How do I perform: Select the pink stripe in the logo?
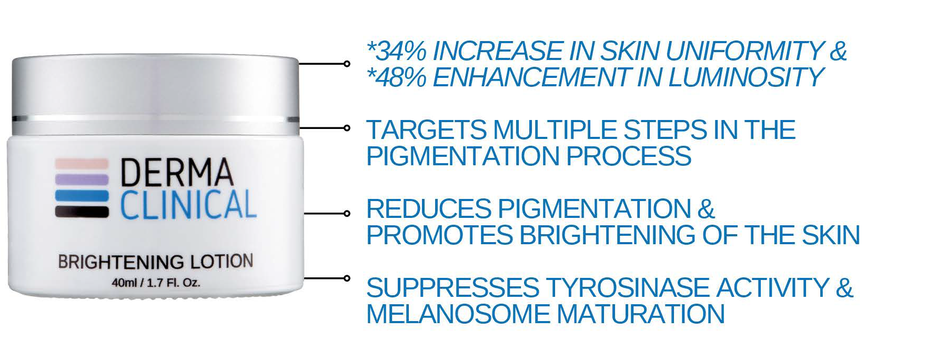pos(82,163)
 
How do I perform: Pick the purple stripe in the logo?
pos(82,179)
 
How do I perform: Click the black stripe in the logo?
pos(82,212)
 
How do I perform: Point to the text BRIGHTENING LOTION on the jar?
pos(155,262)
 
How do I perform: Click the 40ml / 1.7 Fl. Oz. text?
pos(156,283)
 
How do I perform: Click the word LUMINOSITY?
pos(745,77)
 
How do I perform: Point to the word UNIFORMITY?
pos(744,51)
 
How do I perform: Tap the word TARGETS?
pos(426,129)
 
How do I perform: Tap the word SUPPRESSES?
pos(452,287)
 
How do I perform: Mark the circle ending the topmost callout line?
pos(346,64)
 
